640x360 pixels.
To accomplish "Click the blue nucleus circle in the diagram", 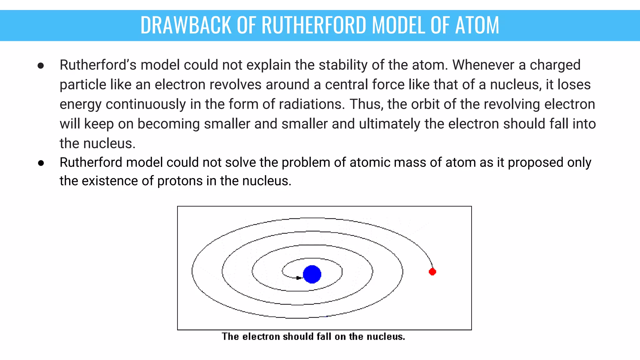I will click(312, 274).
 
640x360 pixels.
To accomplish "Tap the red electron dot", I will click(432, 272).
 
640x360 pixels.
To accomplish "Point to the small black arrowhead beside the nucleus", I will click(298, 278).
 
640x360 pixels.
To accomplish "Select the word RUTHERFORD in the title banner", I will click(314, 25).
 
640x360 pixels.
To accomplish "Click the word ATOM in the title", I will click(477, 25).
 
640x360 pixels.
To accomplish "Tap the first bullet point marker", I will click(41, 66).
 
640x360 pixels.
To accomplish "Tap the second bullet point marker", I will click(41, 163).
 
